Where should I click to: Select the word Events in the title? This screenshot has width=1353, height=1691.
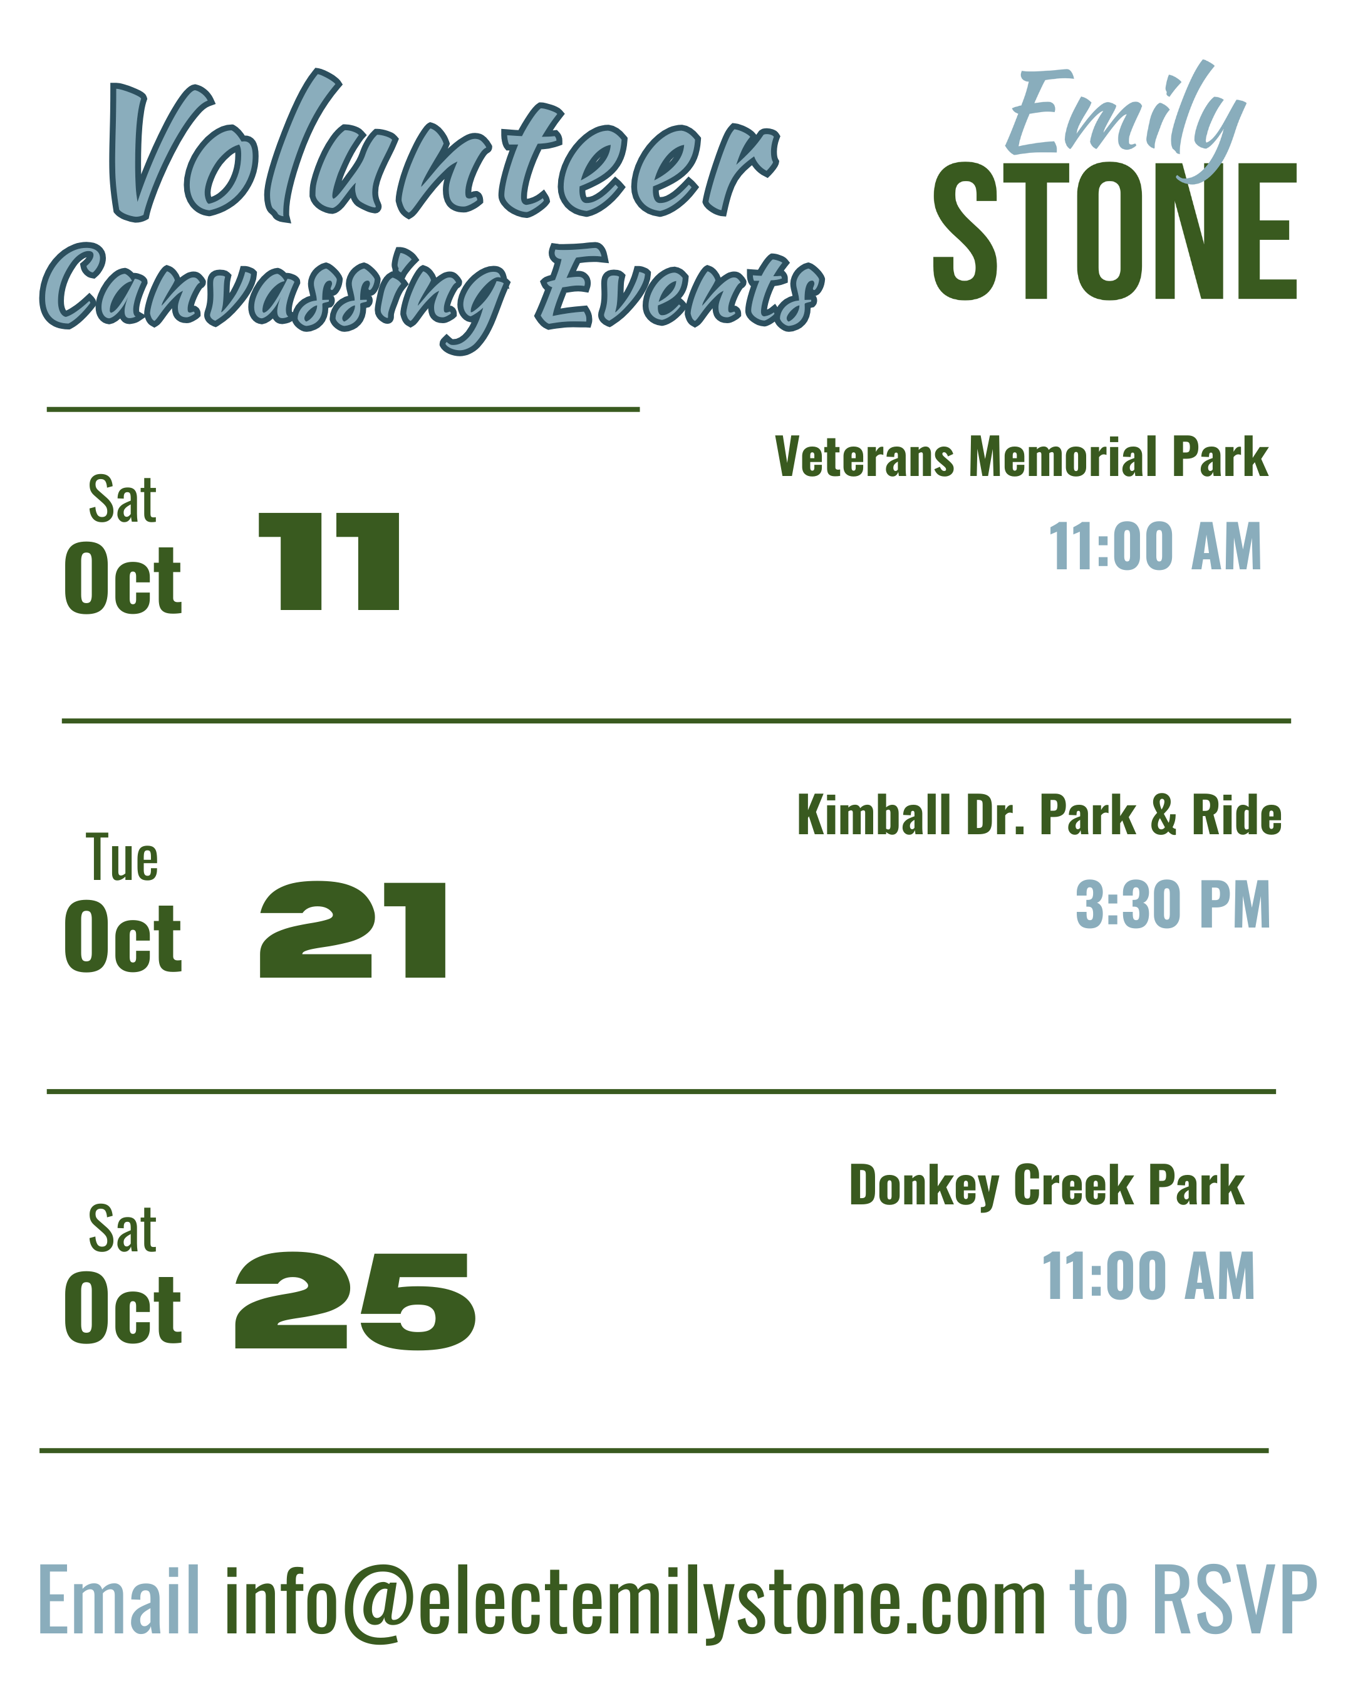(679, 287)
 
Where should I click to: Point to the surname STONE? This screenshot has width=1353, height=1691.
(1114, 232)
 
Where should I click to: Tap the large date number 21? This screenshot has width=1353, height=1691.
(353, 929)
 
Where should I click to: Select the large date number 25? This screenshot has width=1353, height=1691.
(355, 1300)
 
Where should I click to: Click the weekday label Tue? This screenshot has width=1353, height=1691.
(122, 859)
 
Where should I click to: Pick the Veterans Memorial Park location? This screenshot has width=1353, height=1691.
(1021, 457)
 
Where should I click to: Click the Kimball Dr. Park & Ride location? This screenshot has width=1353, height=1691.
(1039, 815)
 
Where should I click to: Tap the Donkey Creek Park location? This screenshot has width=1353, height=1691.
(1047, 1186)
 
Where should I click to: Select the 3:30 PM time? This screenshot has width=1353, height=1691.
(1173, 905)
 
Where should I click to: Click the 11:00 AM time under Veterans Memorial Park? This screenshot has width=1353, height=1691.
(1155, 547)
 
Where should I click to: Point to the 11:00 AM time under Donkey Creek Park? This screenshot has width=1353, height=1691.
(1148, 1276)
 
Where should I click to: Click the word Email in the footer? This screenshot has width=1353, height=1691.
(118, 1600)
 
